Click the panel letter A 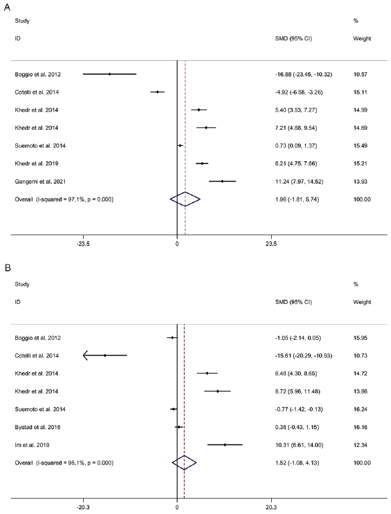[x=7, y=7]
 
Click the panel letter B [x=7, y=268]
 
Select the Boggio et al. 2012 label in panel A [x=37, y=74]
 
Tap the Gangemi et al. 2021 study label [x=40, y=181]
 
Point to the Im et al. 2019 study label [x=32, y=445]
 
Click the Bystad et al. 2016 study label [x=37, y=427]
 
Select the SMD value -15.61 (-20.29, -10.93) [x=303, y=355]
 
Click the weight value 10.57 [x=360, y=74]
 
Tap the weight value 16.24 [x=360, y=409]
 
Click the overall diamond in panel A [x=185, y=199]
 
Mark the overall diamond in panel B [x=184, y=462]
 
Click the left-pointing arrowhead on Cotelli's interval [x=86, y=355]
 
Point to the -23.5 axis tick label [x=83, y=244]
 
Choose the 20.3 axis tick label [x=271, y=507]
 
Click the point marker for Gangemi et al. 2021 [x=222, y=181]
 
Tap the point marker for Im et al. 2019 [x=225, y=445]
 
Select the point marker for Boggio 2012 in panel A [x=110, y=74]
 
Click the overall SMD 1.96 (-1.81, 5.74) [x=297, y=199]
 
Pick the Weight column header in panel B [x=362, y=302]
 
